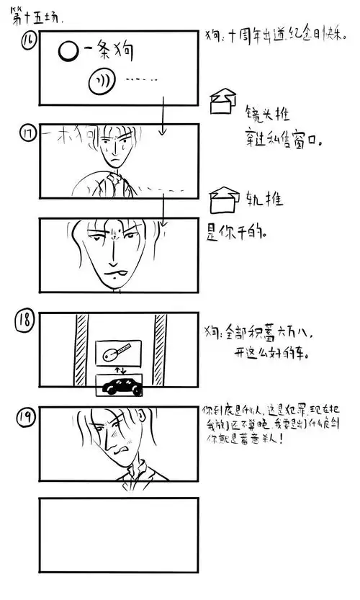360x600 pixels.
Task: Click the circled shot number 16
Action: click(29, 44)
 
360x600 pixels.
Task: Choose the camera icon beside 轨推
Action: click(224, 196)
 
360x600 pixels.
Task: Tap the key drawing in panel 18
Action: click(117, 354)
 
